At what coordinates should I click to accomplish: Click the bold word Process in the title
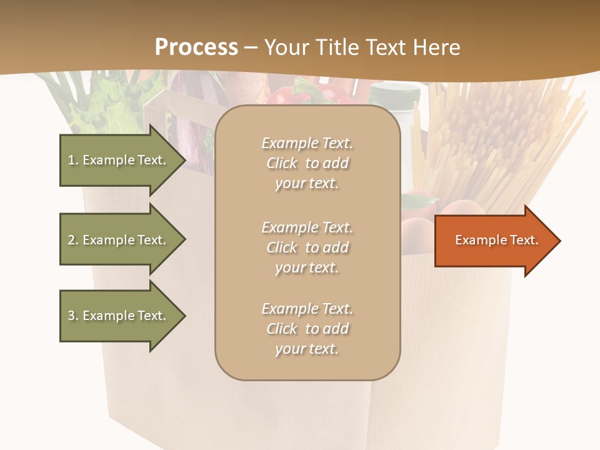(x=196, y=47)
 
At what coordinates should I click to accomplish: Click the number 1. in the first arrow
(x=73, y=160)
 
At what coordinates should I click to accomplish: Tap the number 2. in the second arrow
(x=73, y=240)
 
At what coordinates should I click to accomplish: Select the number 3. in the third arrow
(x=73, y=316)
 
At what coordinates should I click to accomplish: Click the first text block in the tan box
(x=307, y=163)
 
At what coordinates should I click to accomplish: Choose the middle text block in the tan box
(x=307, y=247)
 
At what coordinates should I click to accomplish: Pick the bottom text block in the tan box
(x=307, y=329)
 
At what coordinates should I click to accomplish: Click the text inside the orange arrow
(x=497, y=240)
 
